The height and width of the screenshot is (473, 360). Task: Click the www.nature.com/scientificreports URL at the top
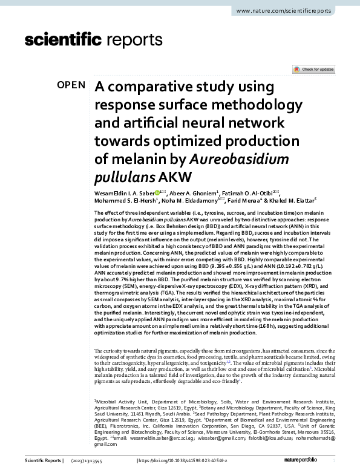click(292, 11)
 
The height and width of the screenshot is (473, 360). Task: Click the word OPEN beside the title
click(71, 85)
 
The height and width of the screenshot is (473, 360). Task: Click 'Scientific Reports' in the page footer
click(43, 461)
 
